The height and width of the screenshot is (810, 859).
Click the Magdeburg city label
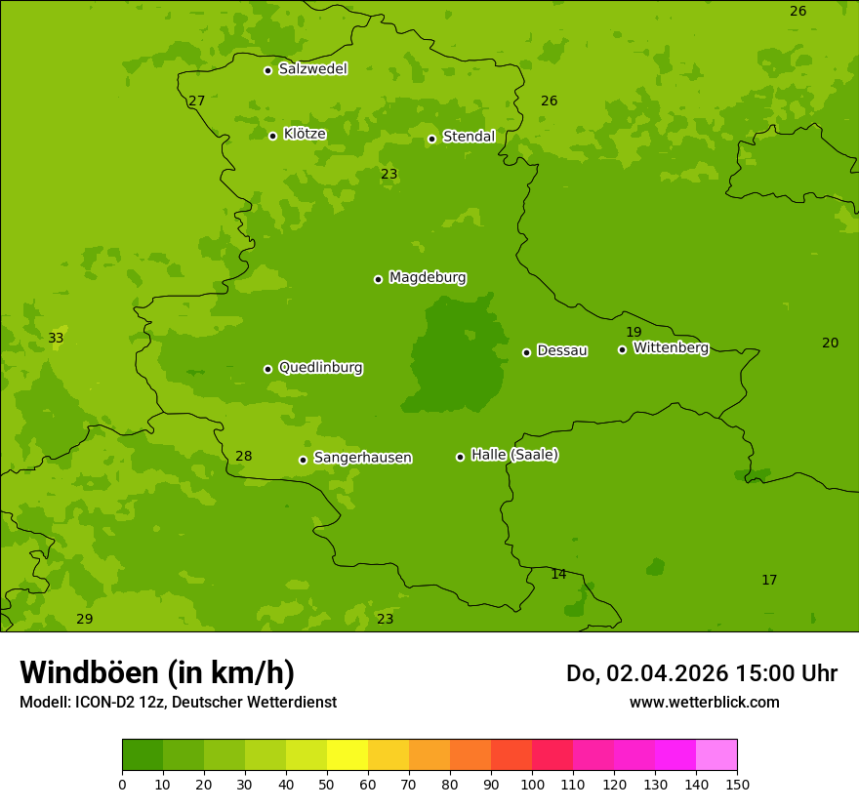[428, 278]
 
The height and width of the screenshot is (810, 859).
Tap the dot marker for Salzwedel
[267, 70]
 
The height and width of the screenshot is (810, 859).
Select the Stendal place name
[470, 137]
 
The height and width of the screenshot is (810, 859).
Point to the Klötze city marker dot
[272, 136]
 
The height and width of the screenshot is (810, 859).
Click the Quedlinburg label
[321, 368]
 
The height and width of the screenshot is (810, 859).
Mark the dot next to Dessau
[526, 352]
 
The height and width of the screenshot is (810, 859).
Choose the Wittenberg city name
[671, 347]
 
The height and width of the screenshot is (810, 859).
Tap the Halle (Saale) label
[514, 455]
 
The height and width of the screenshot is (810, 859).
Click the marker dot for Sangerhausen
[303, 460]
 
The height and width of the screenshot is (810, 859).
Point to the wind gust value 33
[56, 339]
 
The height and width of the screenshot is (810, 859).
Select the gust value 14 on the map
[558, 574]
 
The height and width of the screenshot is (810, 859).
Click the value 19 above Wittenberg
[634, 332]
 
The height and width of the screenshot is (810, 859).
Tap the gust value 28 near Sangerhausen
[244, 456]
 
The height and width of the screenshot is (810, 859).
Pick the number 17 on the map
[769, 580]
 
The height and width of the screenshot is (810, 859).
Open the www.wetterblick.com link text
[704, 702]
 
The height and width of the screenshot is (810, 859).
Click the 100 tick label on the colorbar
[532, 784]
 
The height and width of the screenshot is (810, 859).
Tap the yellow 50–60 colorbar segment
[348, 754]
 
